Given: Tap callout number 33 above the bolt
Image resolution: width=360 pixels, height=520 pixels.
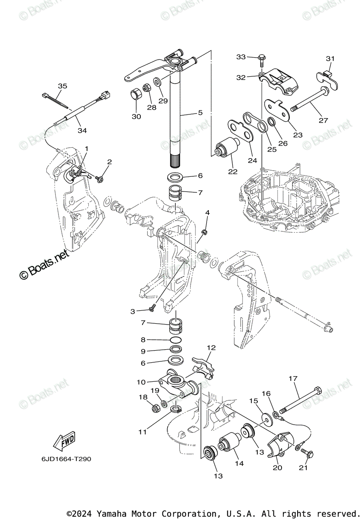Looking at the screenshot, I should tap(241, 57).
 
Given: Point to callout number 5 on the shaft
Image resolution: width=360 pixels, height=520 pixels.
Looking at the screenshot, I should tap(200, 113).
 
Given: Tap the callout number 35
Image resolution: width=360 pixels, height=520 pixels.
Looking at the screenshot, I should tap(63, 86).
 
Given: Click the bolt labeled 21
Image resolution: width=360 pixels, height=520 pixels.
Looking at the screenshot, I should tap(308, 454).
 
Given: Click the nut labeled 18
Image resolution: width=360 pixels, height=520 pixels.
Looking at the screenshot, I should tap(154, 408).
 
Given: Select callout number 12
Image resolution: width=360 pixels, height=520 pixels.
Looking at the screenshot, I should tap(211, 348).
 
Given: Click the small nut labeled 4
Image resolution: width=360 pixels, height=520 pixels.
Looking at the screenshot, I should tap(205, 232).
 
